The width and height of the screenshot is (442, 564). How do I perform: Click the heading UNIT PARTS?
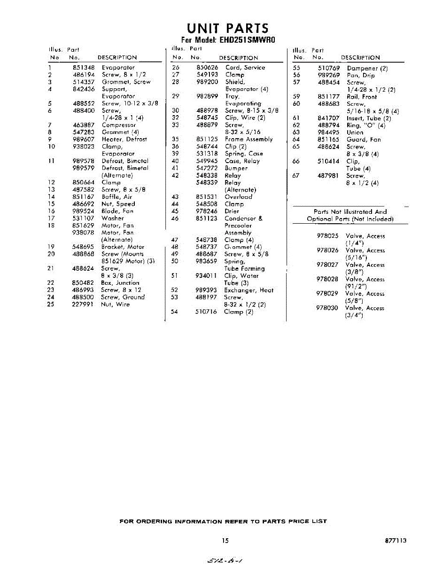[228, 28]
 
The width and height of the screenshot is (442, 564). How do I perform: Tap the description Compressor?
[119, 125]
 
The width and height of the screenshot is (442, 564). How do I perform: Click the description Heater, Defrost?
[124, 140]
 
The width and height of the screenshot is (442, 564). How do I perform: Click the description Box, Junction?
[120, 283]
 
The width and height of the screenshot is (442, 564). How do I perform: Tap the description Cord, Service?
[245, 68]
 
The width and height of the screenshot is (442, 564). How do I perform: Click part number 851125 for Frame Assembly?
[207, 140]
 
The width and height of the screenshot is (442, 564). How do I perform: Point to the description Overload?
[238, 197]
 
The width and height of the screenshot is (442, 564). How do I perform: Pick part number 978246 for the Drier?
[207, 211]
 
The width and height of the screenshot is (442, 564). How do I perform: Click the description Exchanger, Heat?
[248, 290]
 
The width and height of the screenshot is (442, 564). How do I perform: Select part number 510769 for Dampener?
[329, 68]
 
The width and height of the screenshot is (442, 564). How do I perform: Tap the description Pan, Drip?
[361, 75]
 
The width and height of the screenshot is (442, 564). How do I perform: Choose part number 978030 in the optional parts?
[328, 308]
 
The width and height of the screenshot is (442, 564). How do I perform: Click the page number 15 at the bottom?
[225, 541]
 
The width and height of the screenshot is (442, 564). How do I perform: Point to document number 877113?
[395, 541]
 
